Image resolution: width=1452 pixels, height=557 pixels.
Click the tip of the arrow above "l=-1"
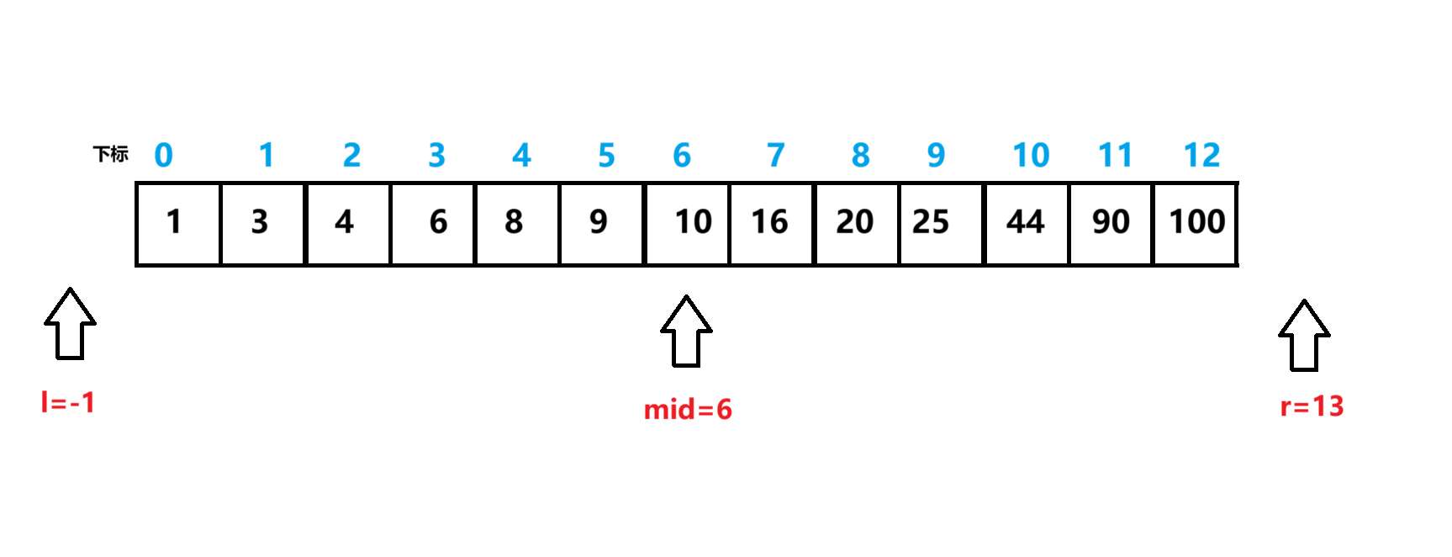[x=70, y=289]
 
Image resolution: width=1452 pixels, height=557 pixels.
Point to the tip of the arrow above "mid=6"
[x=686, y=295]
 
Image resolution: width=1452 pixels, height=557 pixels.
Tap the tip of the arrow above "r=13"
[x=1304, y=300]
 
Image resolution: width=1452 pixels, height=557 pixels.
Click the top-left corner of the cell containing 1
[x=136, y=183]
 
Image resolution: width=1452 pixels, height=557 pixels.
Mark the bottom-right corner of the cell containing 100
[x=1237, y=265]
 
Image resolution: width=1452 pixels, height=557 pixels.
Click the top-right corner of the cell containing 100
[x=1237, y=183]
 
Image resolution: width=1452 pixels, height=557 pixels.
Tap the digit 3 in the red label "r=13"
[x=1335, y=406]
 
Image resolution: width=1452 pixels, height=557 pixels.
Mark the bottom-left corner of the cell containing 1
[x=136, y=265]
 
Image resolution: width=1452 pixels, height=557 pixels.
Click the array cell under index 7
[x=772, y=224]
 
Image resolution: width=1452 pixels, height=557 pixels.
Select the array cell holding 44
[x=1026, y=224]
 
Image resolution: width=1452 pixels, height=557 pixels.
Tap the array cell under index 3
[x=433, y=224]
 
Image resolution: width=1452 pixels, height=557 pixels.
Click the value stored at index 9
[x=931, y=222]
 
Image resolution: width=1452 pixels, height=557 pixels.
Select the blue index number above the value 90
[x=1116, y=156]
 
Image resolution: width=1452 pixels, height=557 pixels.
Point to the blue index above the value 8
[x=521, y=156]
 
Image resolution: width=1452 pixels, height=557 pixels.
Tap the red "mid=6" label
[x=688, y=410]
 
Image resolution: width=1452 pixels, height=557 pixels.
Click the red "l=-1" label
[x=68, y=402]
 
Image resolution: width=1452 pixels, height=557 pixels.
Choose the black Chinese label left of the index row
[x=111, y=154]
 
